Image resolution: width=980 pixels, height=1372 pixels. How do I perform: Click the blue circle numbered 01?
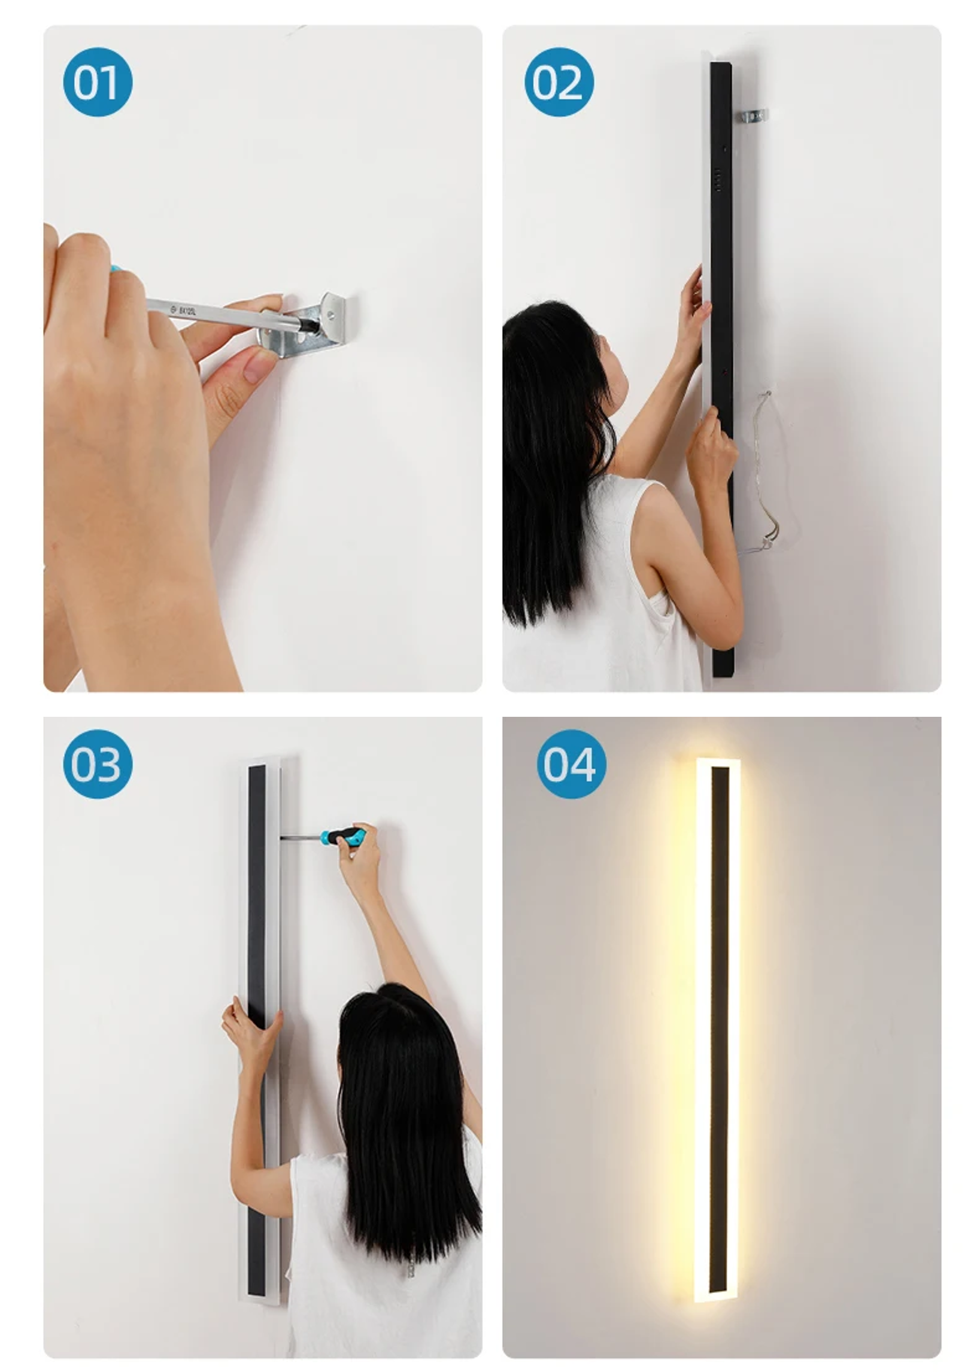[98, 82]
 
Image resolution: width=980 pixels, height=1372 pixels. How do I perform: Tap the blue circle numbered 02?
[559, 82]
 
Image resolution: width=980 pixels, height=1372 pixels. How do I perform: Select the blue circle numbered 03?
[98, 764]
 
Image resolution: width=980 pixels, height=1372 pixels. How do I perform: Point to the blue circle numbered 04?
[572, 764]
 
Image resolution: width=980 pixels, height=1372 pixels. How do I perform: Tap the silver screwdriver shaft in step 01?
[223, 314]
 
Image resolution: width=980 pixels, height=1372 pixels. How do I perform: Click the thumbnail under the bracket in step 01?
[259, 366]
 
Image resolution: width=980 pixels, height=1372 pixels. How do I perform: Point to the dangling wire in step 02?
[761, 470]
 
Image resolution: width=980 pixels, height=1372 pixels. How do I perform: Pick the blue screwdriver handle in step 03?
[344, 836]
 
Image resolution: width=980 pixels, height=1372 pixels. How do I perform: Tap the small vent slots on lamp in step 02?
[718, 179]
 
